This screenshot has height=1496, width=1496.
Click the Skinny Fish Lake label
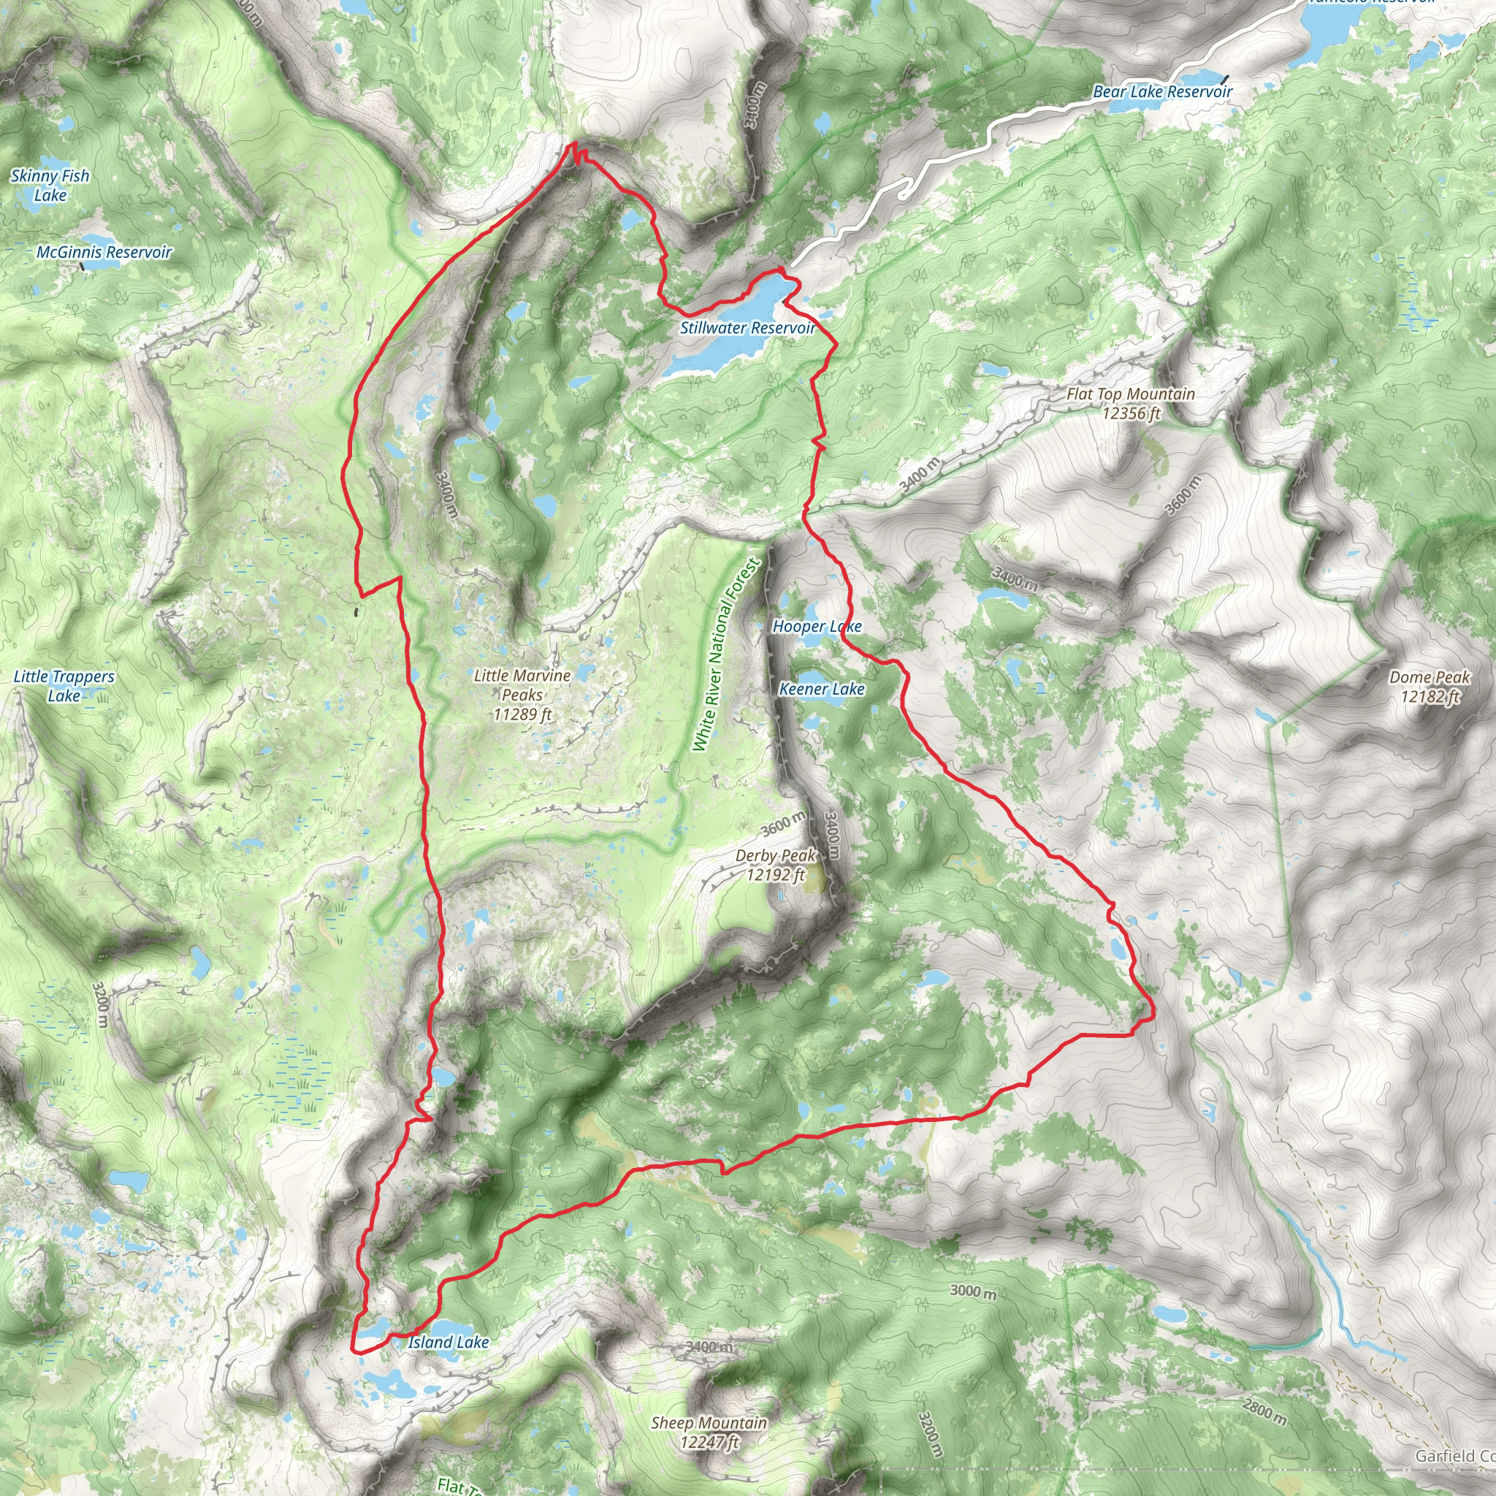pyautogui.click(x=50, y=185)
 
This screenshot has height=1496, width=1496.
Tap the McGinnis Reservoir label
pyautogui.click(x=104, y=252)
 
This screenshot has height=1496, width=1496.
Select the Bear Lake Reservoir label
pyautogui.click(x=1162, y=91)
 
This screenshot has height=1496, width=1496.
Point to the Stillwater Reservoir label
pyautogui.click(x=747, y=327)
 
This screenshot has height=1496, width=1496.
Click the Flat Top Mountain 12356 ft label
pyautogui.click(x=1131, y=402)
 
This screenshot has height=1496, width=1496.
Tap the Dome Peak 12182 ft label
pyautogui.click(x=1430, y=686)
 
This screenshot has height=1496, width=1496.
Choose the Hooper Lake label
pyautogui.click(x=817, y=626)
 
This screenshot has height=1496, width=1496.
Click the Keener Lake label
pyautogui.click(x=822, y=688)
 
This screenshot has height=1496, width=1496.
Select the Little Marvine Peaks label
pyautogui.click(x=523, y=694)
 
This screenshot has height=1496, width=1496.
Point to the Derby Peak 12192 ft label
pyautogui.click(x=775, y=864)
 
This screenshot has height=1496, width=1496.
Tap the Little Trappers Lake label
pyautogui.click(x=64, y=685)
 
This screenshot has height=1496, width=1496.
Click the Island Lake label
pyautogui.click(x=449, y=1342)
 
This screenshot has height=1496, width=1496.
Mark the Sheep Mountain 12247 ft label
pyautogui.click(x=709, y=1432)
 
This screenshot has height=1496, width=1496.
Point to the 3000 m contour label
pyautogui.click(x=973, y=1291)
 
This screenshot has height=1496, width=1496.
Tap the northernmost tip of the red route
pyautogui.click(x=573, y=144)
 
